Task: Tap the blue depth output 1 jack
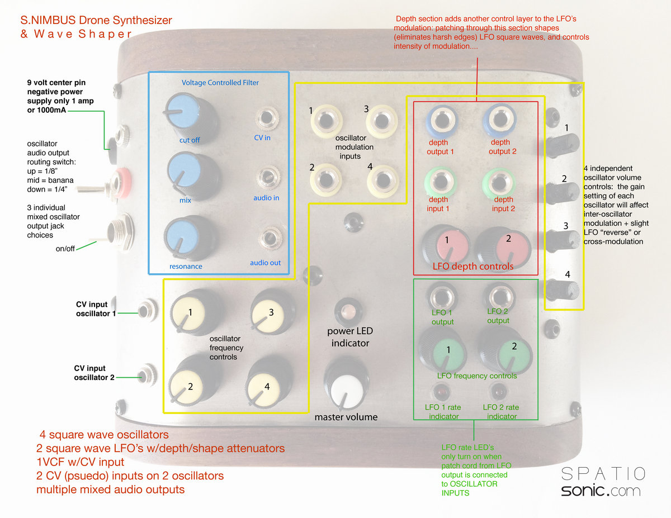pyautogui.click(x=440, y=120)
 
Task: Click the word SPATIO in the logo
pyautogui.click(x=603, y=474)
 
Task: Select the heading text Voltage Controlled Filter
pyautogui.click(x=220, y=83)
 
